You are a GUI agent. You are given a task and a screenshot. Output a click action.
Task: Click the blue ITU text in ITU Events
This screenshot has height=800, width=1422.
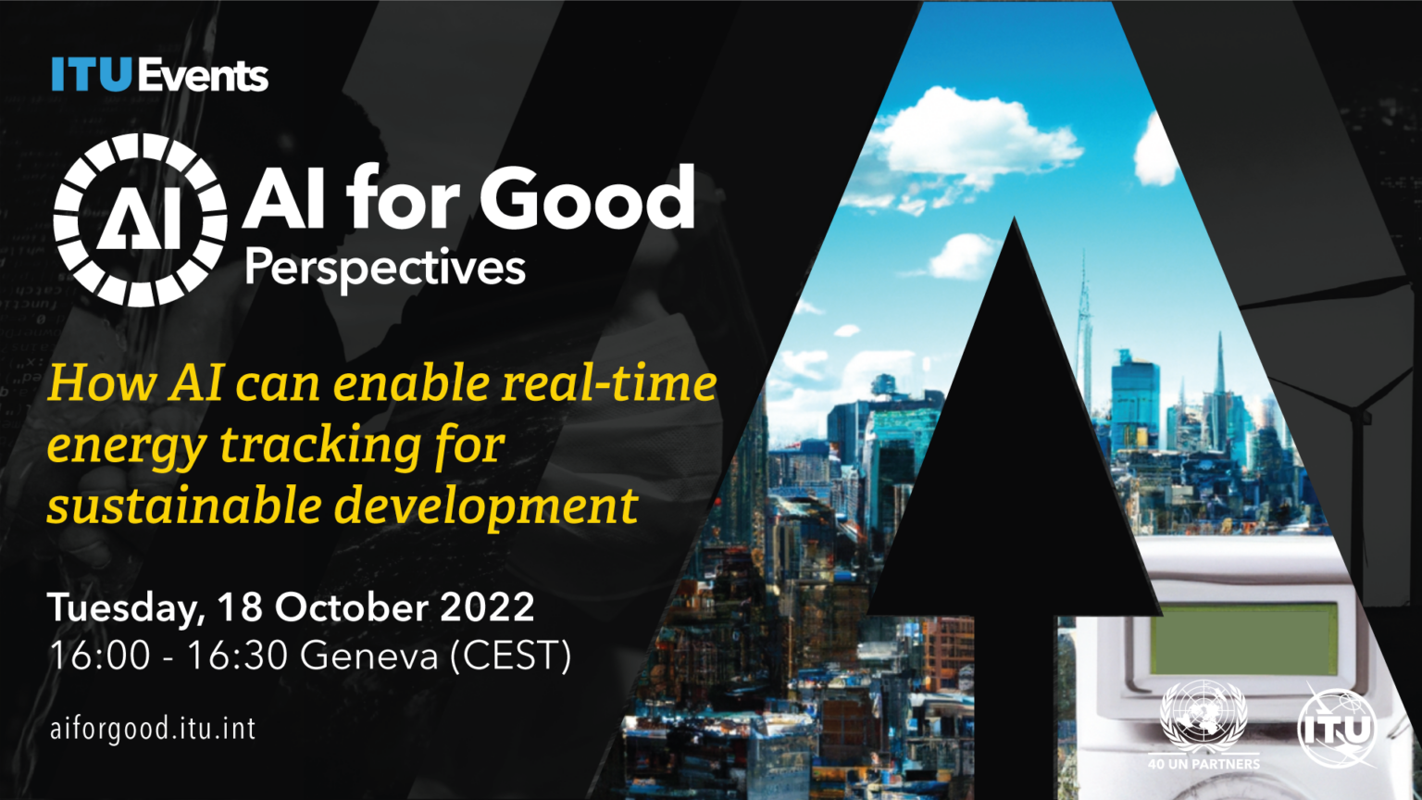[x=92, y=75]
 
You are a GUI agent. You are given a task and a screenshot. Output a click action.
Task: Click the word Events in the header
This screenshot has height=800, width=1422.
[x=204, y=76]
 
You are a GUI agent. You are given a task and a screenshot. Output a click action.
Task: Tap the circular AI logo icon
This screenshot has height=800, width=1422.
[x=140, y=219]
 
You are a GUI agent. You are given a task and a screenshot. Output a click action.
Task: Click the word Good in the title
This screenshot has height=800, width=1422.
[x=586, y=198]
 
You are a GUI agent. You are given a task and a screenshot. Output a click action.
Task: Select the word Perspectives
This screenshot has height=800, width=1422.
[x=385, y=269]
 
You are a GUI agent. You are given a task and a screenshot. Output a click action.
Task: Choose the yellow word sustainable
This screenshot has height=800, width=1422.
[x=182, y=506]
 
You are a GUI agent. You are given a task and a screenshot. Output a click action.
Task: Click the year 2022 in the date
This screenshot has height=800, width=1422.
[x=487, y=607]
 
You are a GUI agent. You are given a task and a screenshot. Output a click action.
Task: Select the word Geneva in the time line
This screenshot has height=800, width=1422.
[x=368, y=656]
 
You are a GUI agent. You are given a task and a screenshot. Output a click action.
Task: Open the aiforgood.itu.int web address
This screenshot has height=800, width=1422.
[x=153, y=729]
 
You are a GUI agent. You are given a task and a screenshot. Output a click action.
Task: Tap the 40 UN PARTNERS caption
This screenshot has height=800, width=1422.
[x=1204, y=764]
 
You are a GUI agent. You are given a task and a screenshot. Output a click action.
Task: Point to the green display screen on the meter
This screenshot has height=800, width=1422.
[x=1243, y=640]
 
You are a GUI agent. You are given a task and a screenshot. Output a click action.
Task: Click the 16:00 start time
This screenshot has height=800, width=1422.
[x=99, y=656]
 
